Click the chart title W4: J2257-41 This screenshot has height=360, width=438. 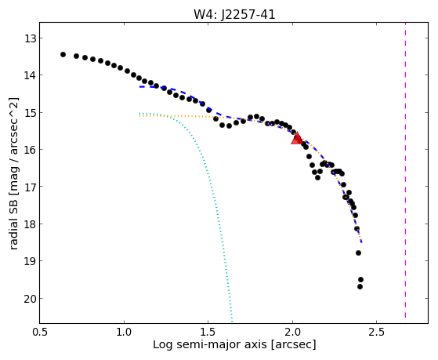(x=234, y=14)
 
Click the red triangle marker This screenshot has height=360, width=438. (x=297, y=138)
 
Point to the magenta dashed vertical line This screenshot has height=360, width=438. (x=405, y=170)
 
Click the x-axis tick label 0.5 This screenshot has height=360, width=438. (x=40, y=332)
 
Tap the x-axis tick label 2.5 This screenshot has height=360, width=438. (x=377, y=332)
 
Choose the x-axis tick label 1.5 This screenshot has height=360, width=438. (x=208, y=332)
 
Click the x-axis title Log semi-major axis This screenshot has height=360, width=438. (x=210, y=344)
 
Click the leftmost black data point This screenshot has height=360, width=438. (x=63, y=54)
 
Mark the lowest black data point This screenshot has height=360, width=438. (x=360, y=286)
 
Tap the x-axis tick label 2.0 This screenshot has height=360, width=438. (x=292, y=332)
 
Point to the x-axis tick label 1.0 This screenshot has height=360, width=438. (x=125, y=332)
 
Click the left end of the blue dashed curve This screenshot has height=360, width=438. (x=140, y=87)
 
